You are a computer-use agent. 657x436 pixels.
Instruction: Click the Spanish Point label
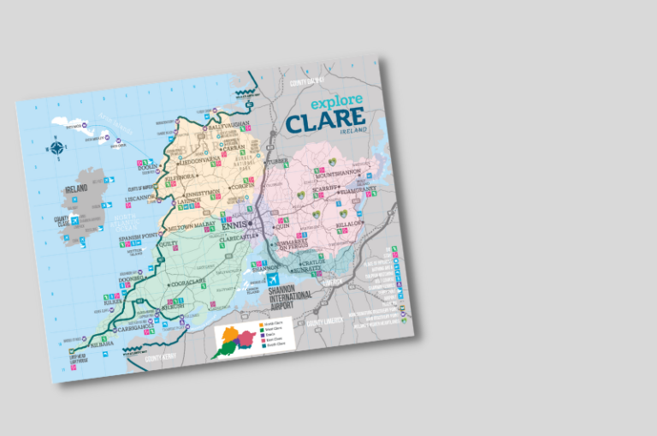click(139, 236)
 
